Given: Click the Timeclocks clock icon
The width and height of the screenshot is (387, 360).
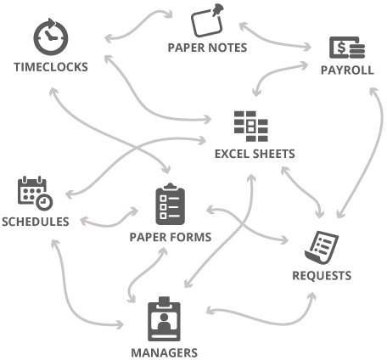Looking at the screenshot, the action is (x=51, y=37).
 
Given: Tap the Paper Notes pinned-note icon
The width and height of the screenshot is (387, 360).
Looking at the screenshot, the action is (x=207, y=20).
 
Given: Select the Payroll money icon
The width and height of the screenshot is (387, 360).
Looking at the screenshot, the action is (x=347, y=48).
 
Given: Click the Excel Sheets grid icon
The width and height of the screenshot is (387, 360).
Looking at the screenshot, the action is (x=251, y=127).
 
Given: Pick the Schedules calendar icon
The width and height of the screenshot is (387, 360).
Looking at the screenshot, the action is (x=35, y=194).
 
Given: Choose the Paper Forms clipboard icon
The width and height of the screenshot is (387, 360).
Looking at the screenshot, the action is (x=171, y=204).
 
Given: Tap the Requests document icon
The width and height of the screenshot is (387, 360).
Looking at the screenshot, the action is (x=322, y=248).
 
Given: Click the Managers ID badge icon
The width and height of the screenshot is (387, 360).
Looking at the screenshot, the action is (x=164, y=319).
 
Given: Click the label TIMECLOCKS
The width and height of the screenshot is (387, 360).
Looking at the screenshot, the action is (x=51, y=67).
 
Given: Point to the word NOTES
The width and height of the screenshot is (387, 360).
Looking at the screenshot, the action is (x=227, y=48).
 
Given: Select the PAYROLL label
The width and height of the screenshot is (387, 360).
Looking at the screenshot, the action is (x=347, y=70).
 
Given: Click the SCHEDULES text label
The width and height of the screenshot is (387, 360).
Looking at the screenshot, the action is (x=36, y=222).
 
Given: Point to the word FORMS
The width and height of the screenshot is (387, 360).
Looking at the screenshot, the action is (x=193, y=237).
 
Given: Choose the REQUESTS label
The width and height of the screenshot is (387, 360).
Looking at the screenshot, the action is (x=322, y=276).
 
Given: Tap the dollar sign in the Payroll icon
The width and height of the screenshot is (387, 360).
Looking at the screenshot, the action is (x=341, y=48).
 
